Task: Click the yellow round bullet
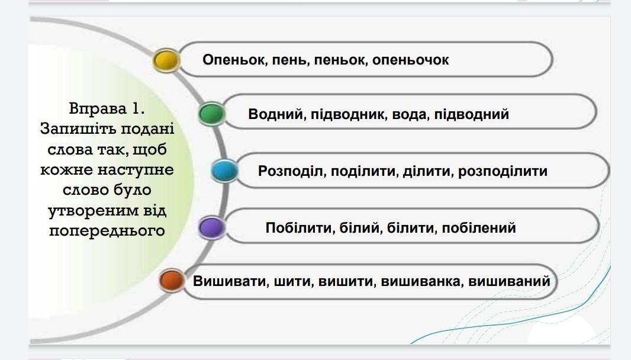tap(166, 60)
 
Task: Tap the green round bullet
tap(212, 114)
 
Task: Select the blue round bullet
tap(224, 171)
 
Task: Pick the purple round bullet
tap(212, 227)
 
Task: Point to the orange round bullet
tap(172, 280)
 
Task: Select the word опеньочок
tap(410, 60)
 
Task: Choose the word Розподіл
tap(292, 171)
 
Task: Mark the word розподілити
tap(503, 171)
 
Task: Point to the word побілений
tap(478, 228)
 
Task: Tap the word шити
tap(294, 281)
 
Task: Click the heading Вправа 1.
tap(107, 108)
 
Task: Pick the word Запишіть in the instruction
tap(78, 129)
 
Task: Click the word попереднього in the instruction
tap(107, 231)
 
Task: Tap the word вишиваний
tap(509, 281)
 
